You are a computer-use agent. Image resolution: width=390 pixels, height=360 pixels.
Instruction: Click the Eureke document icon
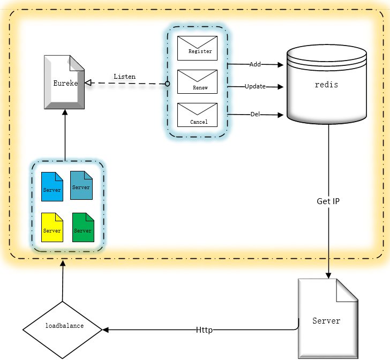point(64,84)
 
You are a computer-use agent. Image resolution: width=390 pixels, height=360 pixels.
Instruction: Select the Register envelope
point(197,48)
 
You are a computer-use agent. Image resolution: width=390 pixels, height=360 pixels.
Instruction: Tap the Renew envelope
point(197,81)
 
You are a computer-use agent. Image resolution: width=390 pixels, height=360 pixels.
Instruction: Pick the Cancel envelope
point(197,115)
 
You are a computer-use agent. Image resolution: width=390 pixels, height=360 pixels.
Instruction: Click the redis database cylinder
point(327,85)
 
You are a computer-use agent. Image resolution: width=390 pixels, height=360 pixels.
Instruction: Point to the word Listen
point(124,77)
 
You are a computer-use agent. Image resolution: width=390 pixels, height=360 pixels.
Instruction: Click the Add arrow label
point(255,64)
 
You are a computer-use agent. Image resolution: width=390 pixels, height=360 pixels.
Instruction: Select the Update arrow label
point(255,86)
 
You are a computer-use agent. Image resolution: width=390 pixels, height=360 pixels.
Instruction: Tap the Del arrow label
point(256,114)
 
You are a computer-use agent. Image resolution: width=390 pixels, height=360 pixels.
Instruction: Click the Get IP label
point(328,202)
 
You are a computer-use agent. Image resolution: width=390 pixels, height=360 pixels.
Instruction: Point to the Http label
point(204,330)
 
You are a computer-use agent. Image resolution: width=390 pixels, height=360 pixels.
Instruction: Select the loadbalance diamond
point(63,326)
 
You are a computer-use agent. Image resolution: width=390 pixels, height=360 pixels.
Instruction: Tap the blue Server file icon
point(52,186)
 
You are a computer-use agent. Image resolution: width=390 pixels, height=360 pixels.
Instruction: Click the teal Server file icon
point(81,185)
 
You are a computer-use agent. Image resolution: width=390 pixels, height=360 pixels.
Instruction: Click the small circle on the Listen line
point(167,84)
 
